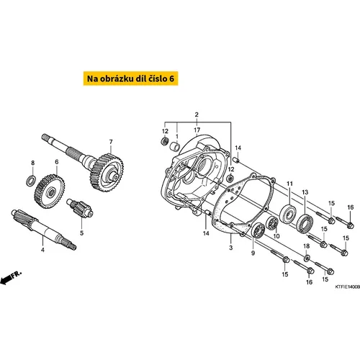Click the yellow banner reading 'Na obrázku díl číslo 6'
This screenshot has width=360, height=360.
(x=131, y=78)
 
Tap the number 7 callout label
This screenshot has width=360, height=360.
(x=111, y=142)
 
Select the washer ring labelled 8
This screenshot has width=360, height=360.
(x=31, y=181)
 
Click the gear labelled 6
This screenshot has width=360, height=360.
(x=50, y=192)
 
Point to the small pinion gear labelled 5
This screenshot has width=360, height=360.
(x=80, y=208)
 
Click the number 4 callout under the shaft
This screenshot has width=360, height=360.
(x=42, y=250)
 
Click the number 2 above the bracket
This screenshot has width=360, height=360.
(x=197, y=114)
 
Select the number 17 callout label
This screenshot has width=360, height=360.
(x=197, y=130)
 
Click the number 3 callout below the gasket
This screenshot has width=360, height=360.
(x=231, y=248)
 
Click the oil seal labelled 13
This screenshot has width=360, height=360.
(x=305, y=224)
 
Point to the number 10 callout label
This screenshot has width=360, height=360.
(x=276, y=236)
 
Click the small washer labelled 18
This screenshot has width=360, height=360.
(x=307, y=258)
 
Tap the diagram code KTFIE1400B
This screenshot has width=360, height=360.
(x=348, y=287)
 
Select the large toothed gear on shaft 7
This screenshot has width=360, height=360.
(x=107, y=173)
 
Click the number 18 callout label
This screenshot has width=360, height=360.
(x=307, y=246)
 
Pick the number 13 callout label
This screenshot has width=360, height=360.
(x=305, y=192)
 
